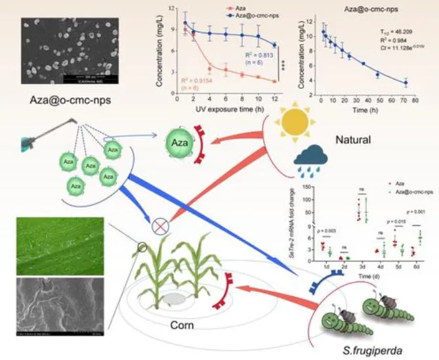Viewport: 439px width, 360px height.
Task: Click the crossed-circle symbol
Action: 160,227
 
